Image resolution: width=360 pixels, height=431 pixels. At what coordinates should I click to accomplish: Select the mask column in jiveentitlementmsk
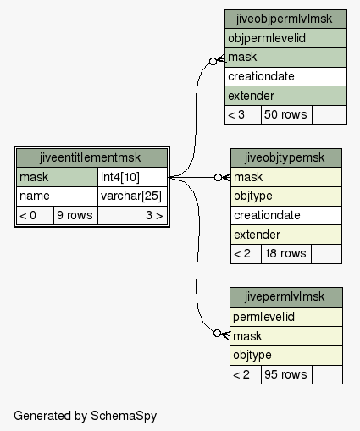[x=57, y=177]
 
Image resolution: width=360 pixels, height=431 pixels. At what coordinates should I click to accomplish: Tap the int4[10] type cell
[x=132, y=177]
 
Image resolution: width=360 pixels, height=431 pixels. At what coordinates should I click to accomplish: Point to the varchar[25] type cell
[x=132, y=196]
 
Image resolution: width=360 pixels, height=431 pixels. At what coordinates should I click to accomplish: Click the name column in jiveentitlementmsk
[x=57, y=196]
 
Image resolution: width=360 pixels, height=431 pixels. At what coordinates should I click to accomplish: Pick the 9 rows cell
[x=75, y=215]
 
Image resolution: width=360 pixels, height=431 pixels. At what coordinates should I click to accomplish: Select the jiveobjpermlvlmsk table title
[x=285, y=19]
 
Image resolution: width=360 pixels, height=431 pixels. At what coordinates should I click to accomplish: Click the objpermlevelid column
[x=285, y=38]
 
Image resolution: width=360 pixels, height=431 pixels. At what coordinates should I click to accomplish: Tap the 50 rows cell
[x=286, y=115]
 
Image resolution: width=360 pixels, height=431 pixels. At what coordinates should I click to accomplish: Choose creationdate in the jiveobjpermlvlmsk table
[x=285, y=76]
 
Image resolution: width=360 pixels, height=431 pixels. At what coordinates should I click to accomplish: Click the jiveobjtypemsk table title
[x=286, y=157]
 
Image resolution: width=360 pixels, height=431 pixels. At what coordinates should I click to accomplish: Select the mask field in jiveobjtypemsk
[x=286, y=177]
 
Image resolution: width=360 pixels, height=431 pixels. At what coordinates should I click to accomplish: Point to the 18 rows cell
[x=286, y=254]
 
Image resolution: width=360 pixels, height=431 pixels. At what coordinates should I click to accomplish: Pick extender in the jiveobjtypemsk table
[x=286, y=235]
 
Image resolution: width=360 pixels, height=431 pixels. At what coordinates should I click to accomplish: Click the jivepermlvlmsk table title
[x=286, y=297]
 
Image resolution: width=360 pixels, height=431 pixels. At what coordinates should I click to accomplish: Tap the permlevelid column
[x=286, y=317]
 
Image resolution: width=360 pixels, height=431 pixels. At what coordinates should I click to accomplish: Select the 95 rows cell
[x=286, y=374]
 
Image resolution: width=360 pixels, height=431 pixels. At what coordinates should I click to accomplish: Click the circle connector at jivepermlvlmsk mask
[x=217, y=334]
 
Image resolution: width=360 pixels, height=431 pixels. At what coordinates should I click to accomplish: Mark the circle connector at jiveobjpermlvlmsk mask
[x=213, y=61]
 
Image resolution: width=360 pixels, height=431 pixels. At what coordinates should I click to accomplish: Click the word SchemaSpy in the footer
[x=124, y=416]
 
